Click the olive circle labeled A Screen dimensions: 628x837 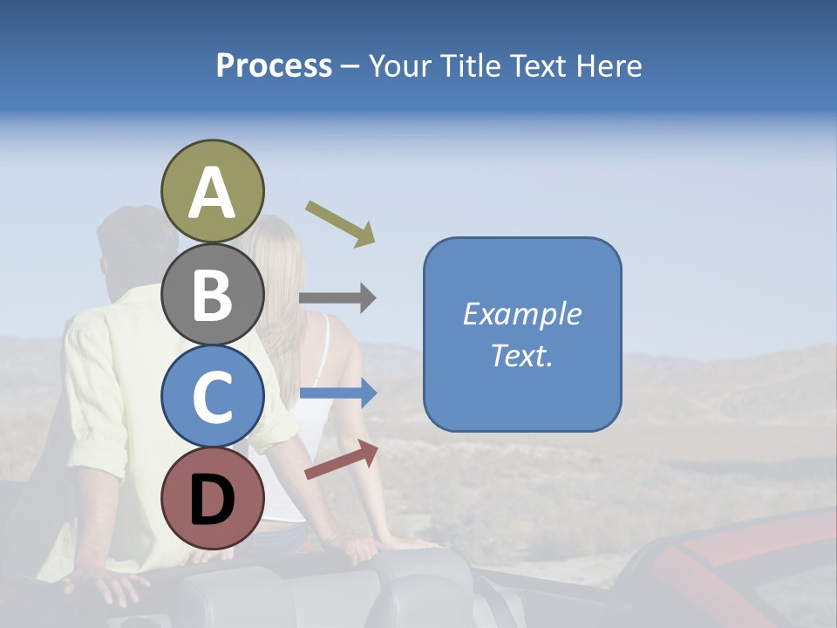pyautogui.click(x=212, y=191)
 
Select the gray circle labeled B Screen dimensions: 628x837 pyautogui.click(x=212, y=294)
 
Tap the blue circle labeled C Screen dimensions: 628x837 pyautogui.click(x=212, y=396)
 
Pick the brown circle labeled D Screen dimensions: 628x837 pyautogui.click(x=212, y=498)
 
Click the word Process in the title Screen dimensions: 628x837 pyautogui.click(x=274, y=66)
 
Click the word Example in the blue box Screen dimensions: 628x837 pyautogui.click(x=521, y=314)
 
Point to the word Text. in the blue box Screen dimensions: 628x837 pyautogui.click(x=521, y=355)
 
